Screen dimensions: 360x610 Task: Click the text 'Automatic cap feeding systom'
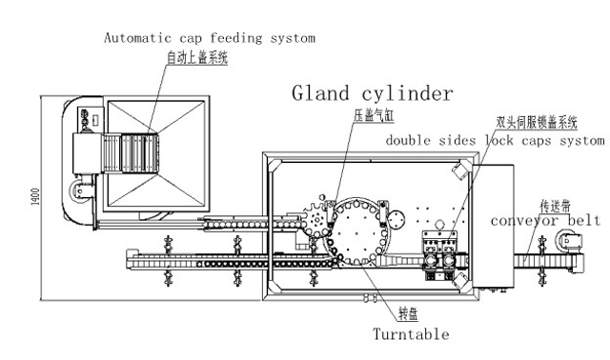[x=209, y=38]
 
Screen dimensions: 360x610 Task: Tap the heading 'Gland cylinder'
[x=373, y=93]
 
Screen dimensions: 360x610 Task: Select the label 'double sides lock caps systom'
[x=495, y=140]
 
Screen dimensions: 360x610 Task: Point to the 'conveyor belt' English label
[x=544, y=220]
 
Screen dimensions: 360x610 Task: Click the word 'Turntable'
[x=411, y=334]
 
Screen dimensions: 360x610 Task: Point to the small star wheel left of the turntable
[x=315, y=218]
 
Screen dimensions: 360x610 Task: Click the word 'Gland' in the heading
[x=322, y=93]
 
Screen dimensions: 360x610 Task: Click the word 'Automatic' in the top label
[x=139, y=38]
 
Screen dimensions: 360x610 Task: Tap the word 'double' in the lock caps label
[x=411, y=140]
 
